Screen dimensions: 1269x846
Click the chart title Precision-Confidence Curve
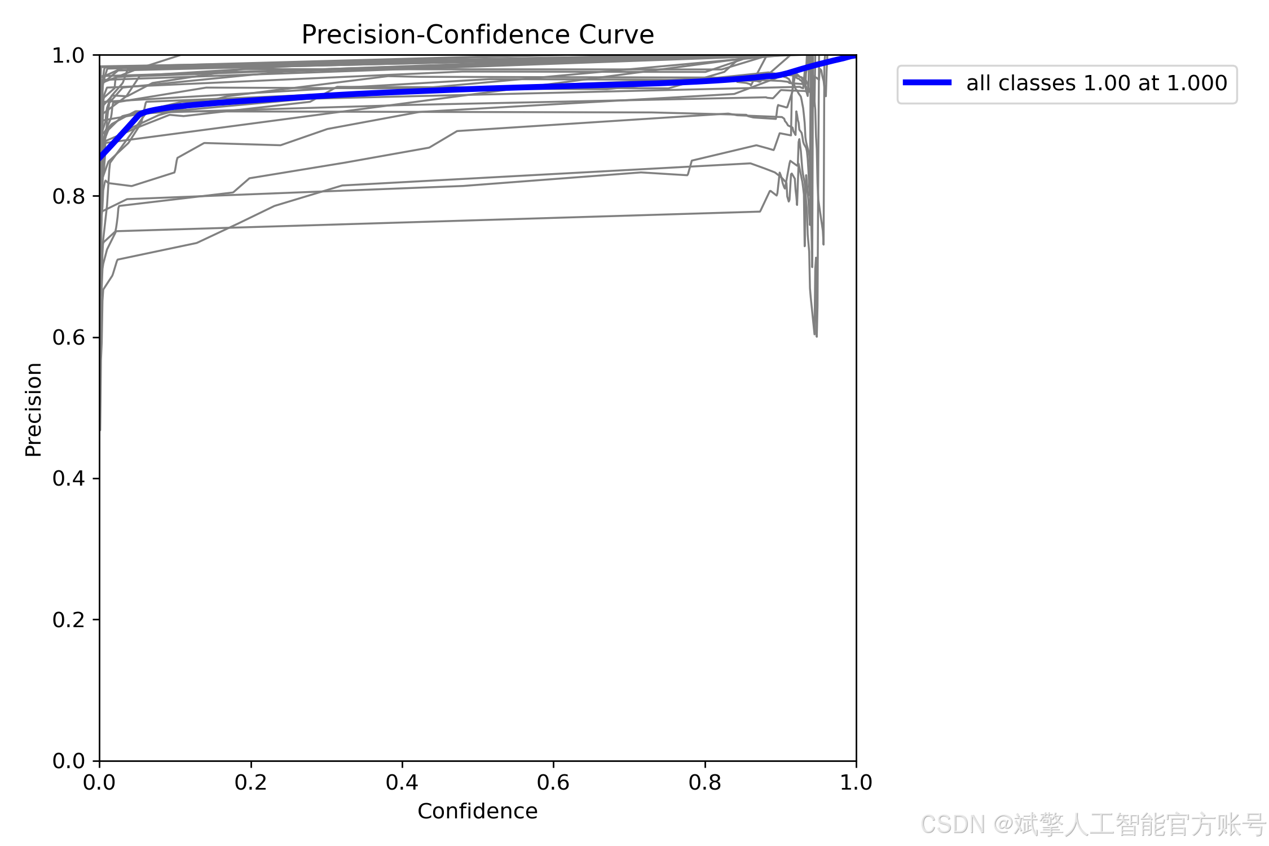pyautogui.click(x=478, y=35)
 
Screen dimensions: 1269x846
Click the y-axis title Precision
pyautogui.click(x=34, y=409)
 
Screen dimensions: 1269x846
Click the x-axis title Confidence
pyautogui.click(x=478, y=811)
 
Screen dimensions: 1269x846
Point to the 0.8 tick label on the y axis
pyautogui.click(x=68, y=196)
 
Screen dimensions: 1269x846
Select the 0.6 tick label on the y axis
pyautogui.click(x=68, y=337)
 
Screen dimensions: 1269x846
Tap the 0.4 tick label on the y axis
pyautogui.click(x=68, y=478)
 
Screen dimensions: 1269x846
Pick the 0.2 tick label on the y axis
pyautogui.click(x=68, y=620)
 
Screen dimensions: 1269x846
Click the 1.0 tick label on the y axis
pyautogui.click(x=68, y=55)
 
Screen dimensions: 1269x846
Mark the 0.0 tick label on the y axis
pyautogui.click(x=68, y=761)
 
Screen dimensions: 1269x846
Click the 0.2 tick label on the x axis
pyautogui.click(x=251, y=782)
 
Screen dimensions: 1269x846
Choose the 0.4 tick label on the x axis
pyautogui.click(x=402, y=782)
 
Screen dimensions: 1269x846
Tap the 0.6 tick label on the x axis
pyautogui.click(x=553, y=782)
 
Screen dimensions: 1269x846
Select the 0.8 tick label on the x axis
pyautogui.click(x=705, y=782)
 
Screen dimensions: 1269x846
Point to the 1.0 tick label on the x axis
pyautogui.click(x=856, y=782)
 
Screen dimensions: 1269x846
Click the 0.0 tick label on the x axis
pyautogui.click(x=99, y=782)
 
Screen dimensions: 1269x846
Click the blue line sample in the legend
pyautogui.click(x=927, y=82)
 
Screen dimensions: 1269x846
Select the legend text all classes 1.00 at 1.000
pyautogui.click(x=1097, y=83)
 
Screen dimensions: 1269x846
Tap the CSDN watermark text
pyautogui.click(x=1094, y=824)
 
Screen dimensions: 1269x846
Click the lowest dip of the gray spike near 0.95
pyautogui.click(x=816, y=337)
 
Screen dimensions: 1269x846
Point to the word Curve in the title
pyautogui.click(x=616, y=35)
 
